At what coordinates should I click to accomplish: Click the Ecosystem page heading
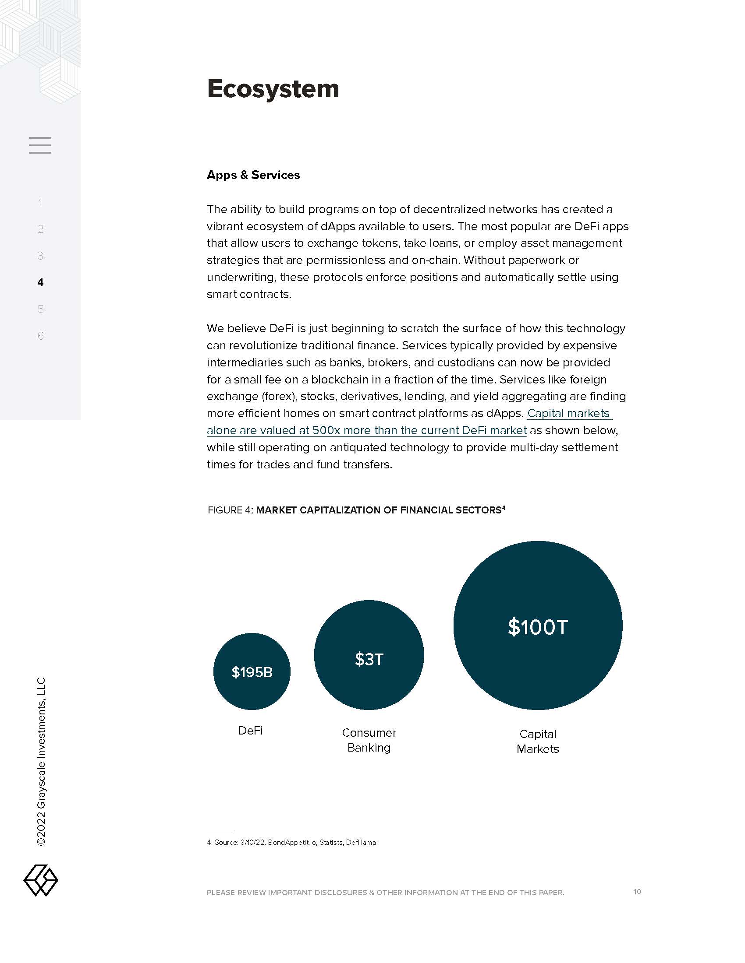(273, 89)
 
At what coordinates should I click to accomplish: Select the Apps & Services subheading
(253, 175)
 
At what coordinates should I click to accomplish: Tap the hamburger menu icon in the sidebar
(40, 145)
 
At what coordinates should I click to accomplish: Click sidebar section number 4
(41, 282)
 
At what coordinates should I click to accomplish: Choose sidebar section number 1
(41, 202)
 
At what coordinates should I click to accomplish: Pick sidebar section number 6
(41, 336)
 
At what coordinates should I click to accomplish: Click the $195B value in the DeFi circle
(252, 672)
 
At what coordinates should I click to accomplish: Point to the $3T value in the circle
(369, 659)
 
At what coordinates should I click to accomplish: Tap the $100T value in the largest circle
(538, 627)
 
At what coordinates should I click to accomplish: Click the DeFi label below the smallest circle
(250, 731)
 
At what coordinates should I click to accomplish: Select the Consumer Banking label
(369, 740)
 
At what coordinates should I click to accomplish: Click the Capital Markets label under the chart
(538, 741)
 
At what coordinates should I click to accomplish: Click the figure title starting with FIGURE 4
(356, 510)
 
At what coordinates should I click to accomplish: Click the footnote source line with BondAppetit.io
(291, 842)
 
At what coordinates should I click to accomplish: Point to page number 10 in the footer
(637, 892)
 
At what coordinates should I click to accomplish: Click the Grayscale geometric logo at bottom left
(41, 880)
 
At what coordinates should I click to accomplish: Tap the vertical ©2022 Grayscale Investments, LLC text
(41, 761)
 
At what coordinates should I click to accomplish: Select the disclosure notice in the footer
(385, 893)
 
